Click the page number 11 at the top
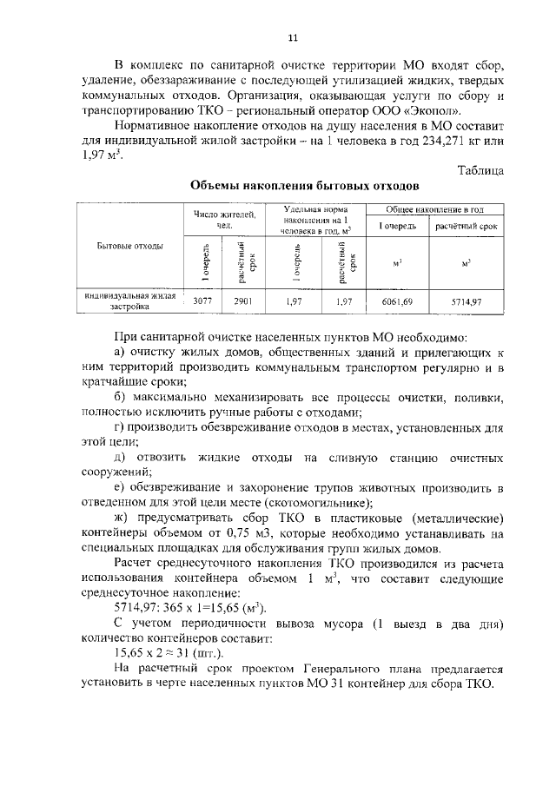(x=293, y=36)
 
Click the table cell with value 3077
(x=203, y=300)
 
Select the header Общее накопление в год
(x=434, y=210)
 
